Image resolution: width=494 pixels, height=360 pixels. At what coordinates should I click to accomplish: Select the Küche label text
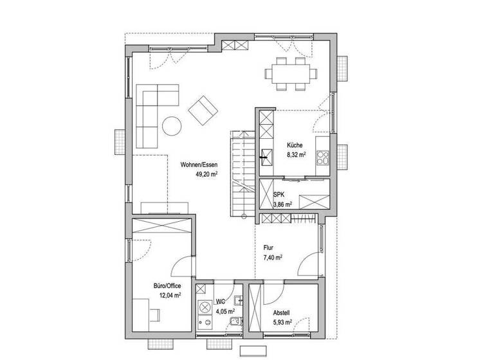click(x=295, y=145)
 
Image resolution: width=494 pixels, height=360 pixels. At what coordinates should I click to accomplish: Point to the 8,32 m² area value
click(x=296, y=155)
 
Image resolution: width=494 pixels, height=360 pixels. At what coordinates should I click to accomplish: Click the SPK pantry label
click(x=279, y=194)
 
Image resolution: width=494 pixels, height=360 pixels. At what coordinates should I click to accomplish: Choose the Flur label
click(x=268, y=247)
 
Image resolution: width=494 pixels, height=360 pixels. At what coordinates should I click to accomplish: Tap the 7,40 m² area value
click(x=273, y=256)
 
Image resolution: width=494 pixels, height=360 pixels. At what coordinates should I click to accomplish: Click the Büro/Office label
click(x=167, y=285)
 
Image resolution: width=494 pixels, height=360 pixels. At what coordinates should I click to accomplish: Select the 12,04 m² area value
click(x=169, y=295)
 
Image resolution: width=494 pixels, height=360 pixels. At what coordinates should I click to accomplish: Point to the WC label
click(x=220, y=301)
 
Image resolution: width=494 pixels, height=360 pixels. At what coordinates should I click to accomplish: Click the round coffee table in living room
click(x=171, y=125)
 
